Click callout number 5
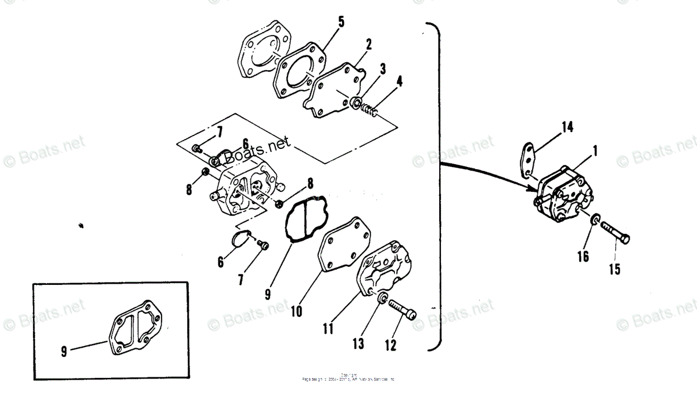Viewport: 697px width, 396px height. click(x=341, y=22)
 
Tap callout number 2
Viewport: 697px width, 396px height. click(x=369, y=44)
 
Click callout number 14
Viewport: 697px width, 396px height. click(x=567, y=126)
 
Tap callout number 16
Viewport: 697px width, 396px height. click(x=583, y=256)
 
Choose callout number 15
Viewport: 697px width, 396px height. click(x=615, y=269)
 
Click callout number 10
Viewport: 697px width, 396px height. click(x=296, y=311)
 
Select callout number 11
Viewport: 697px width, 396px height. click(x=328, y=329)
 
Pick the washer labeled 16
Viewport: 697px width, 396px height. click(x=595, y=221)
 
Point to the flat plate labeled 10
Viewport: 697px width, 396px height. click(x=343, y=244)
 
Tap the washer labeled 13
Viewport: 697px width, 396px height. click(x=382, y=298)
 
